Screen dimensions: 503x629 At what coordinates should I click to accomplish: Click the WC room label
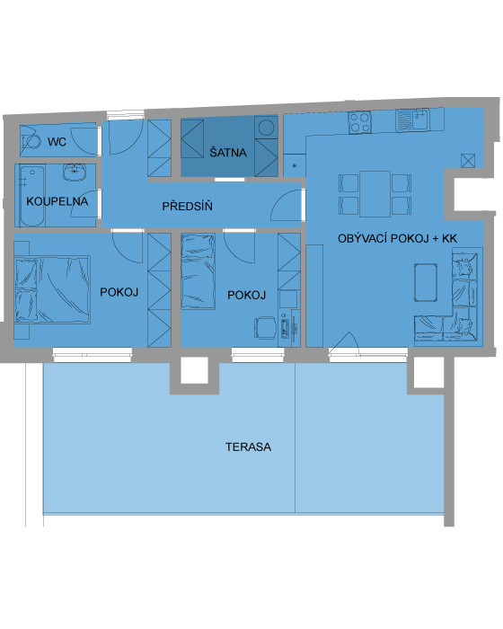(x=57, y=142)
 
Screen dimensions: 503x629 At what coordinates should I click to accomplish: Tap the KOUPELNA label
(x=57, y=201)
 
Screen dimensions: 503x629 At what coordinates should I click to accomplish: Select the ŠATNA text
(x=228, y=152)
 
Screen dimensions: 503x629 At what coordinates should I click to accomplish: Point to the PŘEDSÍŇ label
(x=188, y=206)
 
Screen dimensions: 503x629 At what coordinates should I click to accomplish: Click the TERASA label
(x=248, y=447)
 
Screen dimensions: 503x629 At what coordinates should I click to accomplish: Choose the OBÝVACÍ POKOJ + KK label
(x=397, y=239)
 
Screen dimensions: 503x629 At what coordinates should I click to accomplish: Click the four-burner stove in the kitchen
(x=359, y=122)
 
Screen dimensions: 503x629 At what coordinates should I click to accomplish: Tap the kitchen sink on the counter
(x=412, y=120)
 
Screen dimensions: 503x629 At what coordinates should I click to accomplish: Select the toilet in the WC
(x=31, y=142)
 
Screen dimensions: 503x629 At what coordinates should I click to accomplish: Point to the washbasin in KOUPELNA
(x=75, y=173)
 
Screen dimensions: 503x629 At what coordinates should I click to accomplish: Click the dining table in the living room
(x=375, y=194)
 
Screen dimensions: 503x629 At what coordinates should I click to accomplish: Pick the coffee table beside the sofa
(x=426, y=282)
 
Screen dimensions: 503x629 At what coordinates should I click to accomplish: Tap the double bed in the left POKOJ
(x=52, y=289)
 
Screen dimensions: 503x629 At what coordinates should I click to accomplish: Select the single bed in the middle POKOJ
(x=199, y=271)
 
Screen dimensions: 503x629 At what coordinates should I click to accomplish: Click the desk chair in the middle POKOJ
(x=265, y=327)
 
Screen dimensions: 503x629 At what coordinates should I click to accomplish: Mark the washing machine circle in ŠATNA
(x=266, y=128)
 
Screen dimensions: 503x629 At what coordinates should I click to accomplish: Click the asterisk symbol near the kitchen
(x=295, y=165)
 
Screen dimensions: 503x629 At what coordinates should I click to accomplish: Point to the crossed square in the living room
(x=468, y=161)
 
